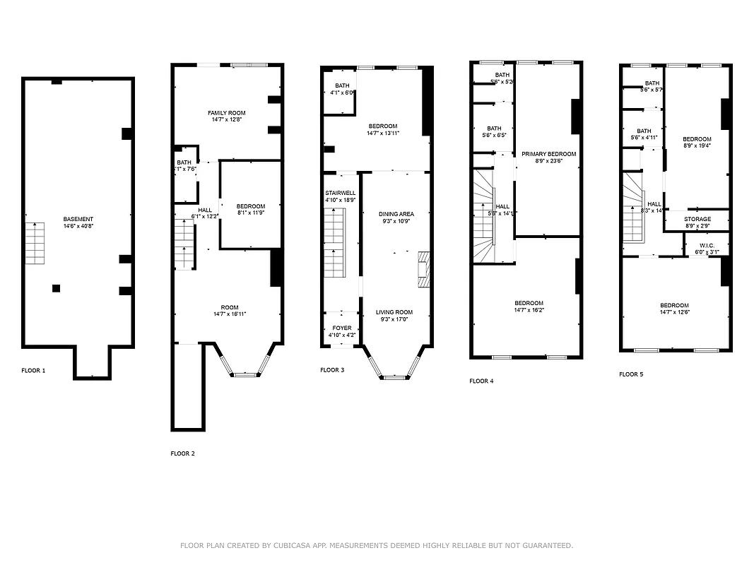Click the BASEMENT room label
(78, 219)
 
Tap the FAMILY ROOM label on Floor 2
(227, 113)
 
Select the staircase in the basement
(35, 243)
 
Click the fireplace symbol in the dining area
(423, 270)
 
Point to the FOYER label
(341, 328)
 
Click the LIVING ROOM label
(394, 312)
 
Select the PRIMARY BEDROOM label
(548, 154)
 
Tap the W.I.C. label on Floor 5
(705, 246)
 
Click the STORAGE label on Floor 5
(697, 220)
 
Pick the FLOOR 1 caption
(33, 370)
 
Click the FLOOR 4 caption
(481, 381)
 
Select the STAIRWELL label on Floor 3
(340, 193)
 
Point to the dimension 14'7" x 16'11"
(230, 314)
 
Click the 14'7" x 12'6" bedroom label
(674, 309)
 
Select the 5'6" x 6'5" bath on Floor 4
(494, 131)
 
